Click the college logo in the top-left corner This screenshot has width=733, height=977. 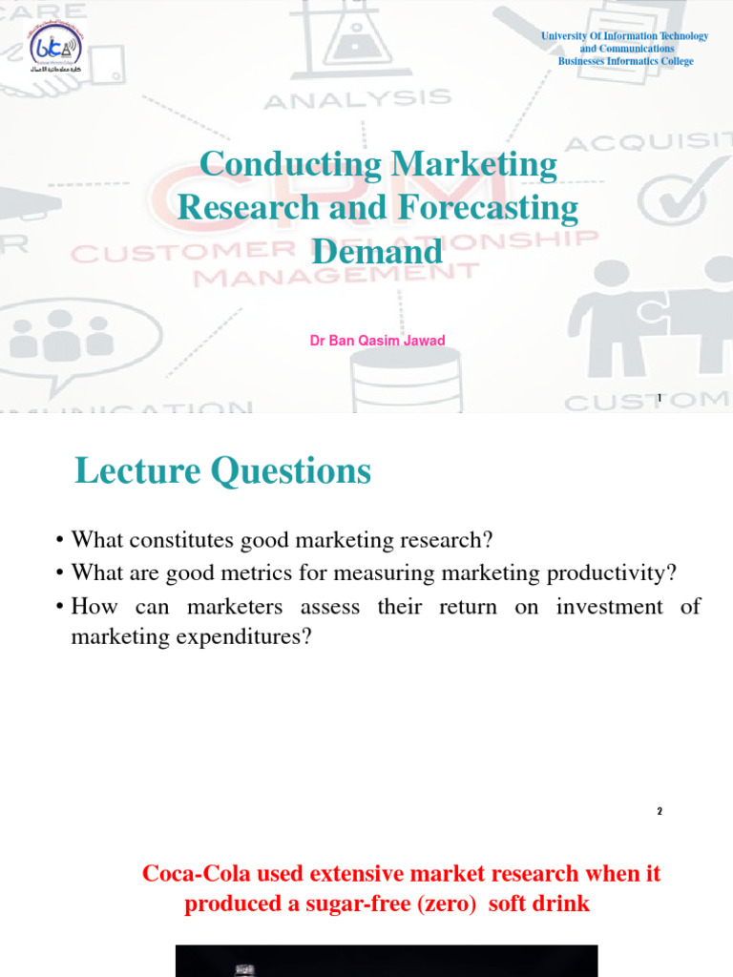click(55, 55)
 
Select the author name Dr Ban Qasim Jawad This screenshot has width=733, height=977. click(377, 341)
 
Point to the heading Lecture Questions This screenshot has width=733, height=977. click(222, 470)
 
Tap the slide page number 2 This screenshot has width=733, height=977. click(659, 812)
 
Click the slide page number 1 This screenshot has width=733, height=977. click(659, 398)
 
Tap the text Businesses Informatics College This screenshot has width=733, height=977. click(625, 61)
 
